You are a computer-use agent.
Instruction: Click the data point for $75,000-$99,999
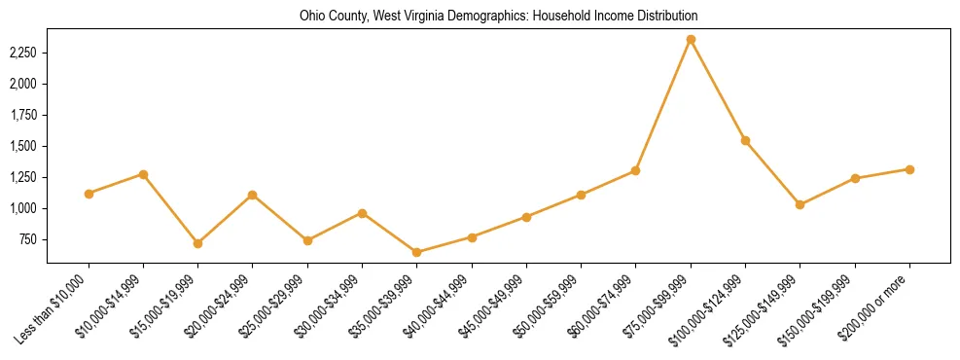(691, 39)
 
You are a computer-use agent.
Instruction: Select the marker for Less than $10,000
(89, 194)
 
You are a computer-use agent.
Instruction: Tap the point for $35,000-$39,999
(417, 252)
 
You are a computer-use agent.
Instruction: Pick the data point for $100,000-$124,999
(745, 140)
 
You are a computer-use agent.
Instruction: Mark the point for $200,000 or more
(909, 169)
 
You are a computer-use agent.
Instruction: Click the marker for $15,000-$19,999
(198, 243)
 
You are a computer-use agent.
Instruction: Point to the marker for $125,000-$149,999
(800, 204)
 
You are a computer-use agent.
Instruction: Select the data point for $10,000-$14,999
(143, 174)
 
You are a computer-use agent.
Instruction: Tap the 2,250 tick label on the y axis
(23, 53)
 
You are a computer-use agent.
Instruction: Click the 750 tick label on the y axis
(28, 239)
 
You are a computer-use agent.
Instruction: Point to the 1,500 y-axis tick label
(23, 146)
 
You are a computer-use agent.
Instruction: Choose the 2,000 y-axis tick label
(23, 84)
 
